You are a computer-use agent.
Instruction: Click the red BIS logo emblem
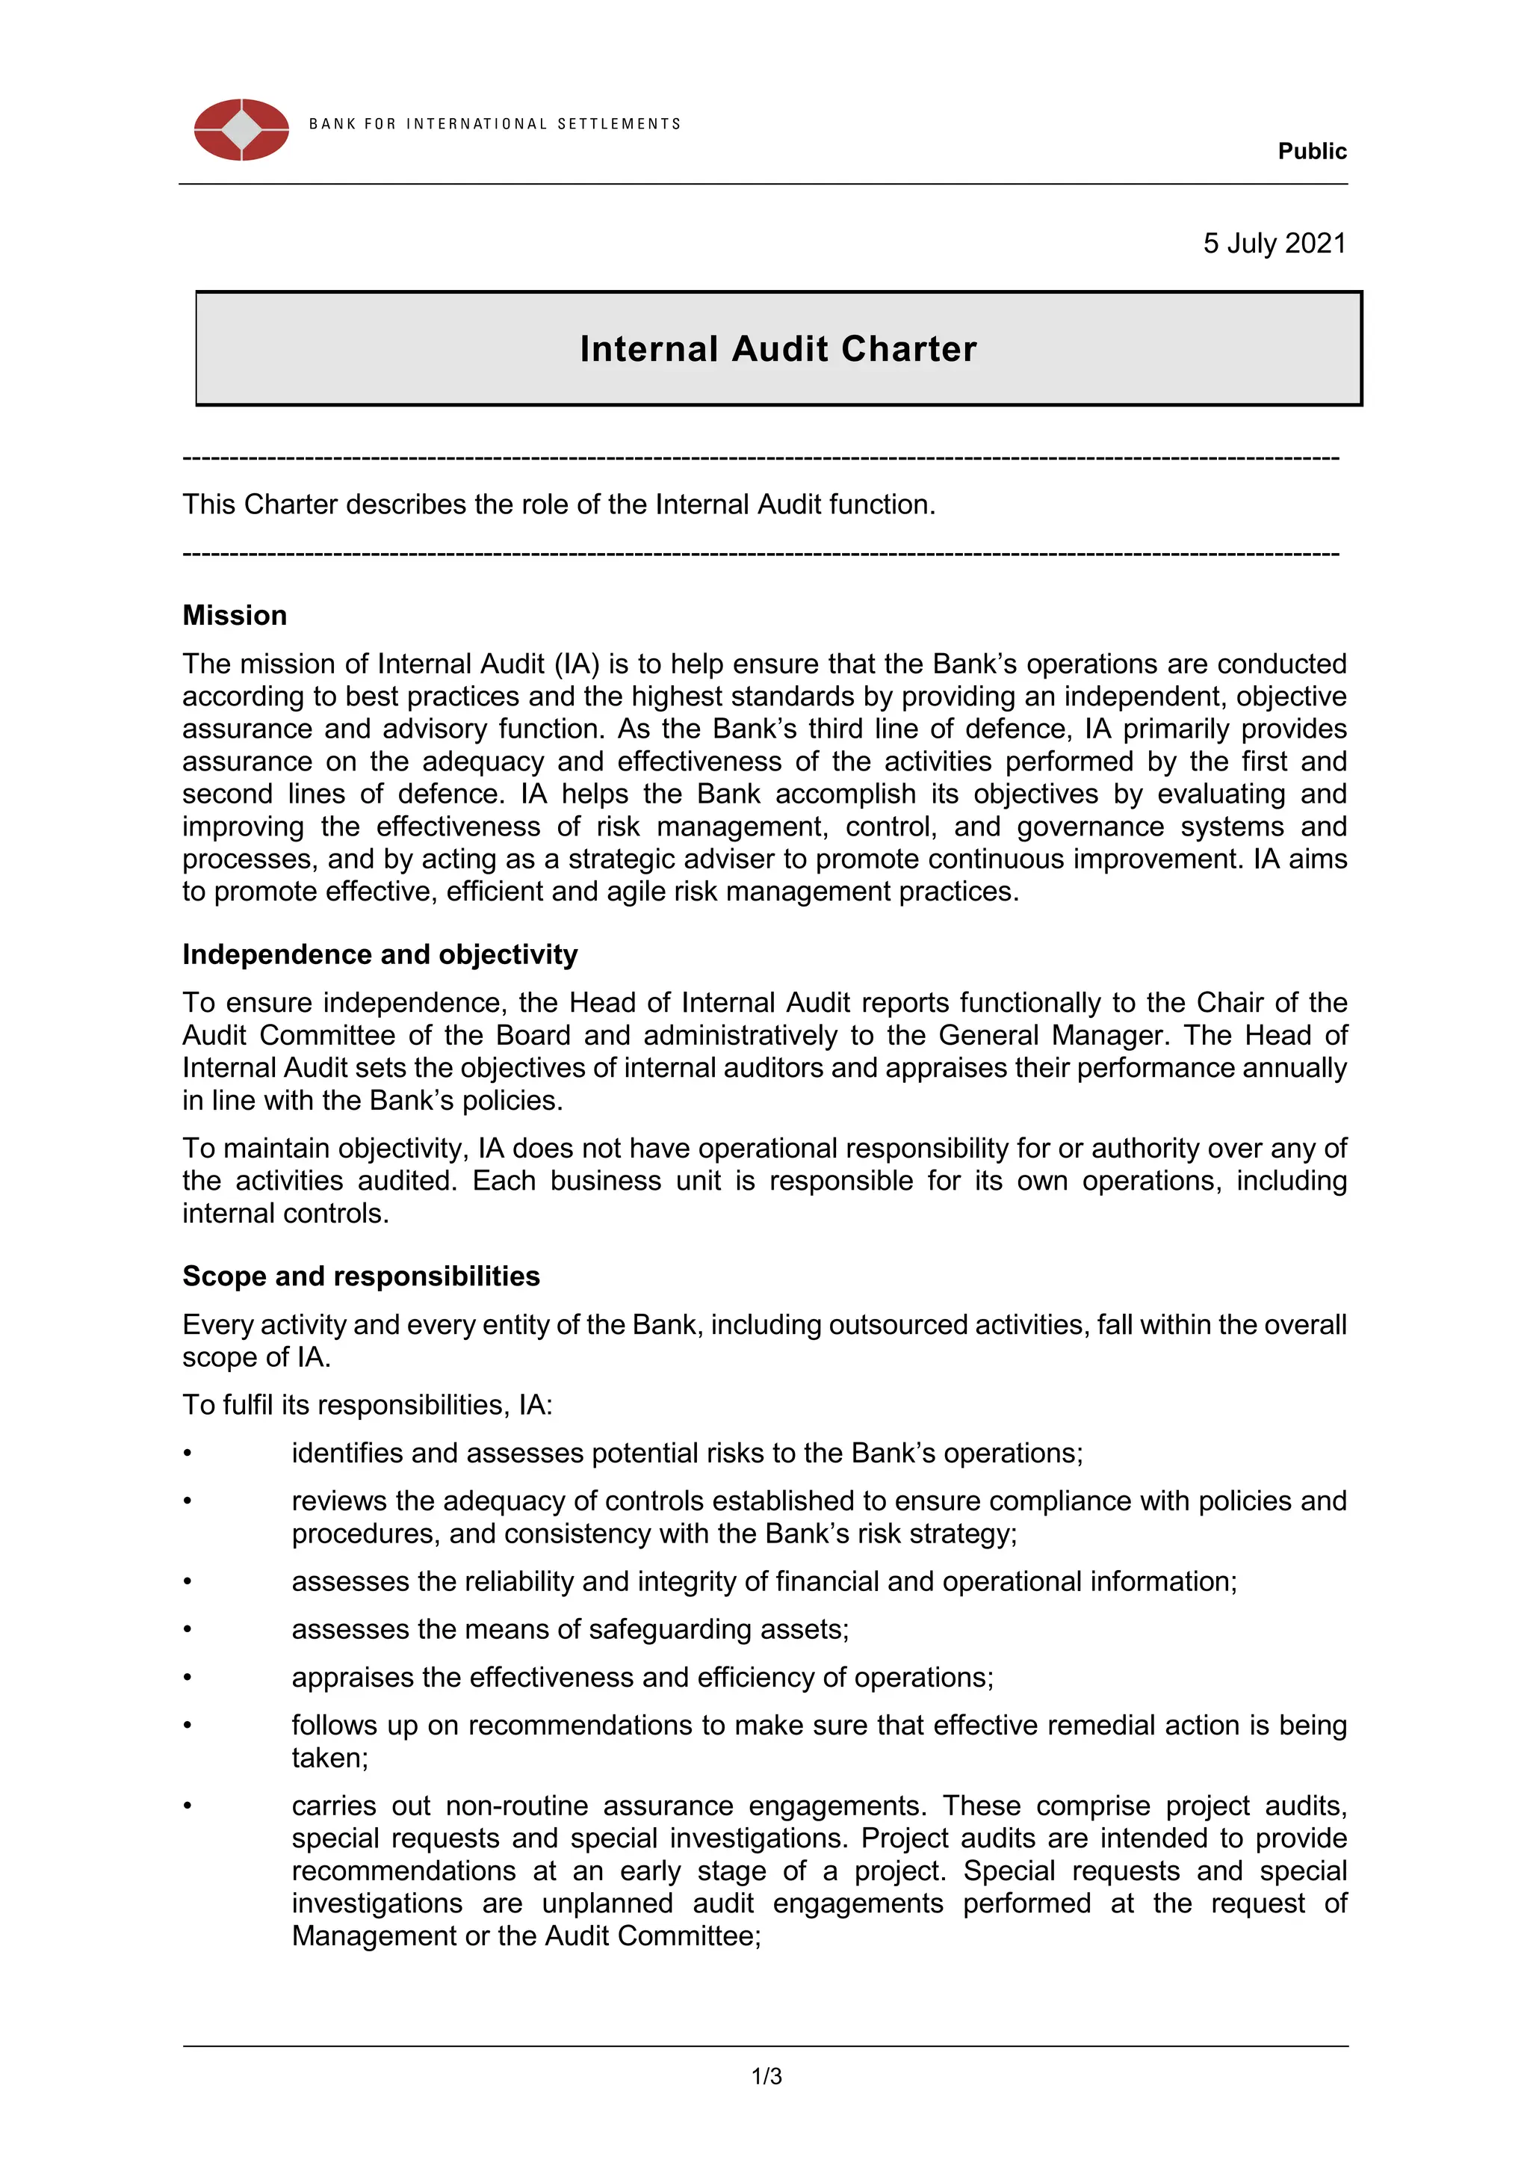[x=241, y=129]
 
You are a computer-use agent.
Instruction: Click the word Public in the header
[x=1311, y=151]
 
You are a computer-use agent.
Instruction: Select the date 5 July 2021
[x=1274, y=244]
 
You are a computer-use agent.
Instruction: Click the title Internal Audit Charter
[x=778, y=349]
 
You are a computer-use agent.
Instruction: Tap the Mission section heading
[x=235, y=615]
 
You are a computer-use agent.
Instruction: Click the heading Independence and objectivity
[x=380, y=954]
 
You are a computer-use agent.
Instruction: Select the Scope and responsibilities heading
[x=361, y=1276]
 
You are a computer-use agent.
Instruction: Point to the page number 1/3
[x=766, y=2076]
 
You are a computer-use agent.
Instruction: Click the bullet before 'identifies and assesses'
[x=188, y=1453]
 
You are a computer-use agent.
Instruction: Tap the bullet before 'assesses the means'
[x=188, y=1629]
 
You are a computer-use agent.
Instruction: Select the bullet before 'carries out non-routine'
[x=188, y=1806]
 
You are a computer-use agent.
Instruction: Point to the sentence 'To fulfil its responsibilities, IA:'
[x=368, y=1405]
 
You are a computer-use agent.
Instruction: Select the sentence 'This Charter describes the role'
[x=558, y=504]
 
